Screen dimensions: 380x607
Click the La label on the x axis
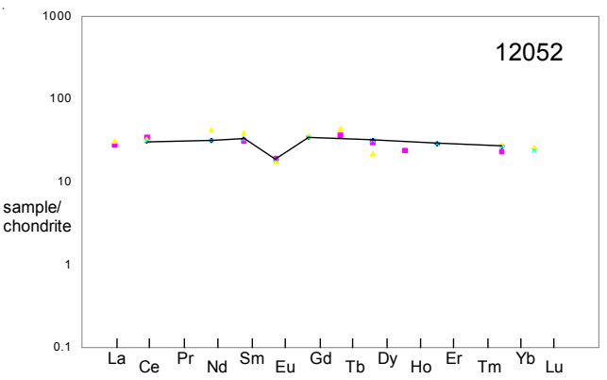(x=116, y=359)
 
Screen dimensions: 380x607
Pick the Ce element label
(x=149, y=367)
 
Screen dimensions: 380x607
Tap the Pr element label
(x=184, y=359)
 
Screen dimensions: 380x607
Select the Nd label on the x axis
(x=217, y=367)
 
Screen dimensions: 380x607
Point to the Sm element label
(x=251, y=359)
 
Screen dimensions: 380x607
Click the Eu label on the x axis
(x=285, y=367)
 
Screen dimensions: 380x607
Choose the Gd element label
(x=319, y=359)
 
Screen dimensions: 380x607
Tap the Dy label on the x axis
(x=387, y=359)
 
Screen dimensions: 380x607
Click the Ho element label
(x=421, y=367)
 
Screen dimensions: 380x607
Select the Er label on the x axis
(x=454, y=359)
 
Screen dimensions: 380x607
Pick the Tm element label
(x=489, y=367)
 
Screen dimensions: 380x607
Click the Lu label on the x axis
(x=555, y=367)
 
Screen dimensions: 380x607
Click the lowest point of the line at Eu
(x=276, y=159)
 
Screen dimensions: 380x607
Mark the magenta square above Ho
(x=405, y=150)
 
